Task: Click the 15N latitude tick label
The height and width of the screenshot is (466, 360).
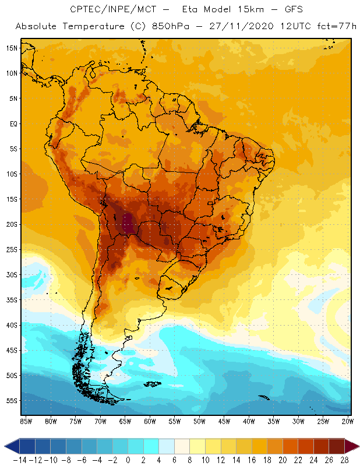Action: coord(12,48)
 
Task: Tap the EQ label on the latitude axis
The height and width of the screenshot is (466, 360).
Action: coord(12,123)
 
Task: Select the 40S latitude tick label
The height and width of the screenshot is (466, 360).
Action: coord(12,325)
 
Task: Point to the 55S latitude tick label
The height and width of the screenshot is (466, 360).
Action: coord(12,401)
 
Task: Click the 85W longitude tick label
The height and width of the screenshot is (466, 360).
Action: coord(26,421)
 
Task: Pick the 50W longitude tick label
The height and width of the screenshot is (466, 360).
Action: coord(200,421)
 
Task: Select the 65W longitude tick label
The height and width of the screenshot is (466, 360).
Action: coord(125,421)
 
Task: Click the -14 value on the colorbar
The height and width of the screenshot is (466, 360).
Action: coord(20,460)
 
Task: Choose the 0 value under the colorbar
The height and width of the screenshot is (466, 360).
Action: coord(128,460)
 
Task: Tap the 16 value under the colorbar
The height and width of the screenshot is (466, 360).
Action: coord(252,460)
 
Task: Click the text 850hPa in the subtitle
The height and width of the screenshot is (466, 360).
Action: coord(177,27)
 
